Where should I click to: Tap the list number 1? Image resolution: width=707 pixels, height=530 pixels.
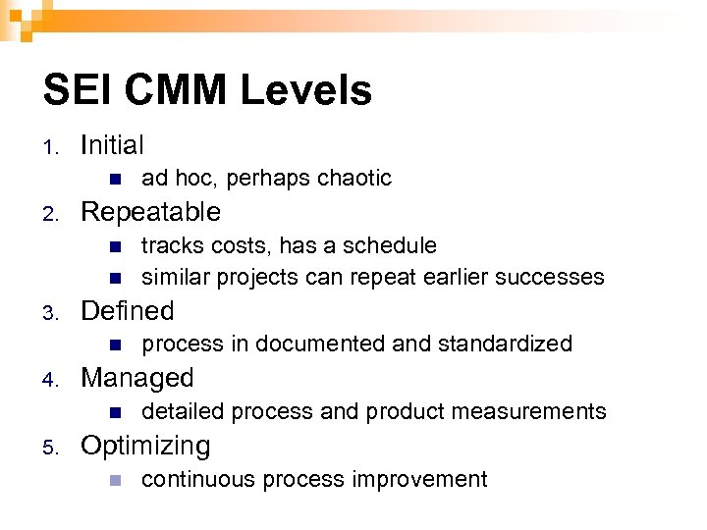coord(50,147)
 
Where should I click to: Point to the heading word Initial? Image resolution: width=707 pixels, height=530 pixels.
coord(112,145)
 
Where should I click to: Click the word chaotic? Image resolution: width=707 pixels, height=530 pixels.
coord(355,178)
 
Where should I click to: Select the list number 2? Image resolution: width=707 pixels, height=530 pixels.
coord(50,213)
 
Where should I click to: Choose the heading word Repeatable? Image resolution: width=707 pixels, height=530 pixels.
coord(150,212)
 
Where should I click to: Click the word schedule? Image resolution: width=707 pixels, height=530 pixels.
coord(394,245)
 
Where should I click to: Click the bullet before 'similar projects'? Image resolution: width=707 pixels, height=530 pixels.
coord(114,277)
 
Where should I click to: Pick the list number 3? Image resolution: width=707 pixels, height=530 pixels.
coord(50,312)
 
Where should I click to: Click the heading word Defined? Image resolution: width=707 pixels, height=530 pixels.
coord(127,311)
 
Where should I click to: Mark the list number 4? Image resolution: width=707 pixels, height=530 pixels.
coord(50,379)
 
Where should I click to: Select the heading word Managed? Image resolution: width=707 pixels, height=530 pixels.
coord(137,378)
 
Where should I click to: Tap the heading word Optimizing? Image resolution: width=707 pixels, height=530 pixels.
coord(145,447)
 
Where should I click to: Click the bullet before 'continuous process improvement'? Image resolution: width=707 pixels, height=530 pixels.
coord(114,480)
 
